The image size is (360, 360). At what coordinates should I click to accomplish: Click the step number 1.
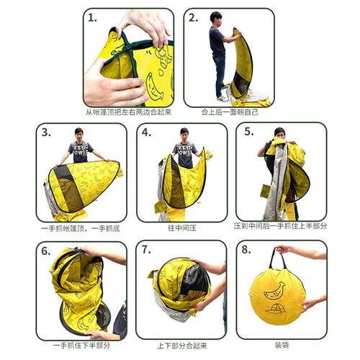(92, 18)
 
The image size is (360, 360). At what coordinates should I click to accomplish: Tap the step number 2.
(193, 18)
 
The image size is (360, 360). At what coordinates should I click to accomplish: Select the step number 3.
(46, 132)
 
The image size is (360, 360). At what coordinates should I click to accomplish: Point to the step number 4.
(146, 132)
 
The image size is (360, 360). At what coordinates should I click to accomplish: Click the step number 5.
(249, 132)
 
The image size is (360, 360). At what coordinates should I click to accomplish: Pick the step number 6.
(46, 251)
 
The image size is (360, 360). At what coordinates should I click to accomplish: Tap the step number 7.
(146, 250)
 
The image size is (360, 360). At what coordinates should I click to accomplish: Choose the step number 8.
(246, 250)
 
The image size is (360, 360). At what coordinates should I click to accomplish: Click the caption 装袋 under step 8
(282, 346)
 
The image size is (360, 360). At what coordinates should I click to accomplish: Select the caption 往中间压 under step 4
(182, 228)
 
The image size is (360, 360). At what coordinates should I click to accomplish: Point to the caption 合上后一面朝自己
(230, 112)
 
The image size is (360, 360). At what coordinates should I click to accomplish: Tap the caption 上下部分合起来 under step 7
(182, 346)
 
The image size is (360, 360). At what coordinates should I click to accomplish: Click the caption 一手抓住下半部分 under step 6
(81, 346)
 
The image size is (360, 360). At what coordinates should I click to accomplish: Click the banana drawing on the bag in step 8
(274, 291)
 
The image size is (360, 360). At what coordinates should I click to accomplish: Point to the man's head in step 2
(216, 18)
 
